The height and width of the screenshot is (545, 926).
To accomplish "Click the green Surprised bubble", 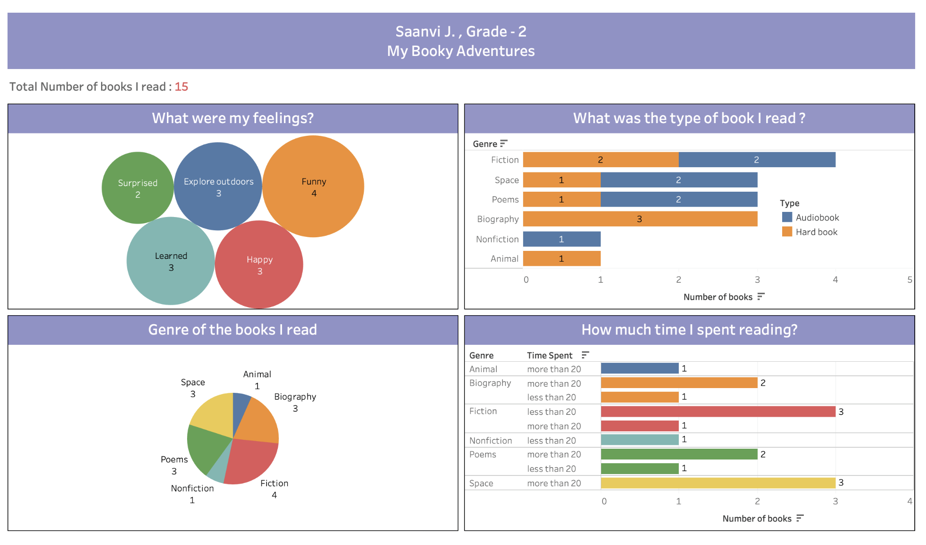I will click(x=137, y=188).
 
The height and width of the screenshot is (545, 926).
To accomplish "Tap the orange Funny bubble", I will click(x=314, y=187).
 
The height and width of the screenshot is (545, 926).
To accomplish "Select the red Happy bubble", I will click(x=259, y=265).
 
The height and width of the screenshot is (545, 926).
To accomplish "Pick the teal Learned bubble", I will click(x=171, y=261).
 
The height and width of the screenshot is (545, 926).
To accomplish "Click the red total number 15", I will click(x=181, y=87).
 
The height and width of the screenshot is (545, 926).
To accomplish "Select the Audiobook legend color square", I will click(x=787, y=217).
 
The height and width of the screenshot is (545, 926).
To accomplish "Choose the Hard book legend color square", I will click(x=787, y=232).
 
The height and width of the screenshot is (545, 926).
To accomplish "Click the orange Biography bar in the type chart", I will click(x=640, y=219).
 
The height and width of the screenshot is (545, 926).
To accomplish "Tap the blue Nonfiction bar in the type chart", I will click(x=562, y=239).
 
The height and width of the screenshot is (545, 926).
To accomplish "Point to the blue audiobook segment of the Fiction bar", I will click(x=757, y=160).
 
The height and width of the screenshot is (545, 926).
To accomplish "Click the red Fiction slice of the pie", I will click(x=249, y=460).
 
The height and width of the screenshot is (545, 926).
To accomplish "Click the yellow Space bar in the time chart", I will click(x=718, y=483).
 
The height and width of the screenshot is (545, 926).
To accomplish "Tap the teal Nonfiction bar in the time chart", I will click(x=640, y=440).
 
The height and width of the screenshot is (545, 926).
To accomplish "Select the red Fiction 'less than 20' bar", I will click(x=718, y=412).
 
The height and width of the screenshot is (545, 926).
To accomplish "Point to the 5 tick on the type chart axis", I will click(x=910, y=280).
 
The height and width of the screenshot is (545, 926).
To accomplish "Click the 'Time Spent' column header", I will click(x=549, y=356).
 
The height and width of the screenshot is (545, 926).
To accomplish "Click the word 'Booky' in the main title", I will click(x=432, y=51).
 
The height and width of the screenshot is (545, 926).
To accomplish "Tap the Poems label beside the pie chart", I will click(x=174, y=459).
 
